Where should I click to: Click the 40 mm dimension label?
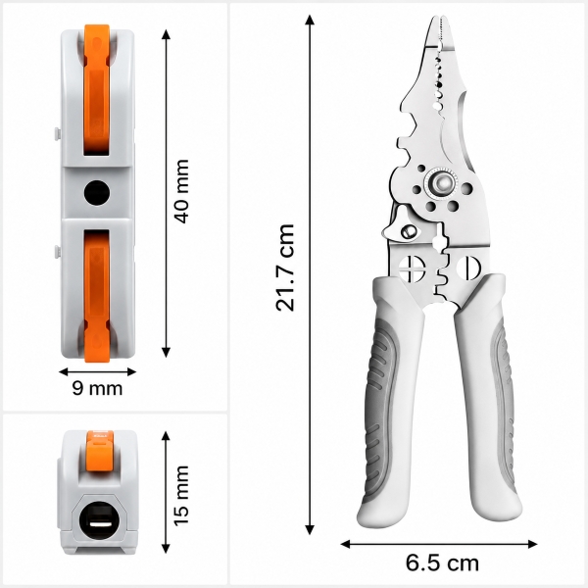182,192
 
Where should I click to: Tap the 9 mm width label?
97,388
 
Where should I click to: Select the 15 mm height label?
181,495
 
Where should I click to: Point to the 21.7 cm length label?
285,268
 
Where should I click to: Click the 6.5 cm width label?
442,563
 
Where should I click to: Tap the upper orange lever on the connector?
97,90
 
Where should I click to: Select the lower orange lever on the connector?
97,296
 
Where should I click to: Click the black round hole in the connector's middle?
97,193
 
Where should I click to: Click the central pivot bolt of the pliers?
442,183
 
